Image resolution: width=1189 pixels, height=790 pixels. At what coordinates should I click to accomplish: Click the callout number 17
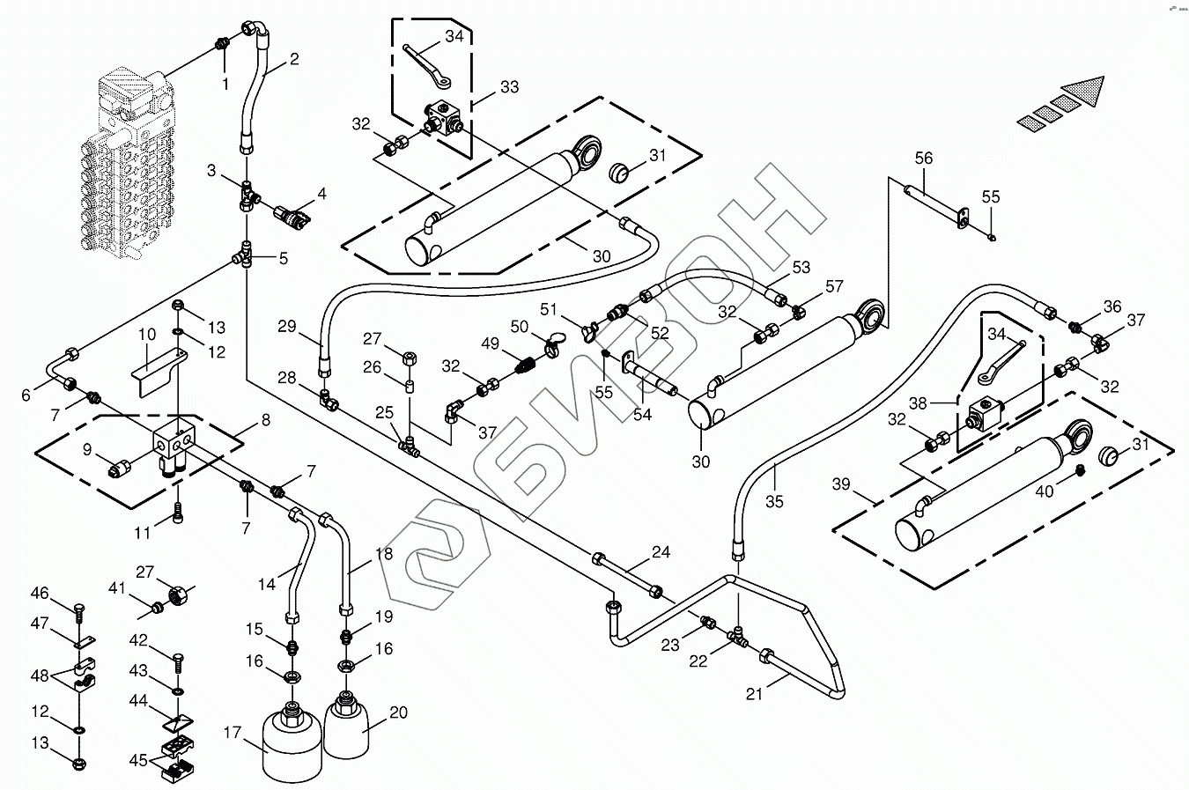(233, 733)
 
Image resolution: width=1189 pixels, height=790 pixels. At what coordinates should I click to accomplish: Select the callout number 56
(923, 159)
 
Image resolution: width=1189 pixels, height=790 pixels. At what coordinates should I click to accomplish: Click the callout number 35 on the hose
(774, 502)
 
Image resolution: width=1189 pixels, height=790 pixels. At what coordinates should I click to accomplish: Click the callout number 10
(147, 335)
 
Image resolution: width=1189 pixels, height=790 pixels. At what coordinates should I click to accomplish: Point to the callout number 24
(661, 552)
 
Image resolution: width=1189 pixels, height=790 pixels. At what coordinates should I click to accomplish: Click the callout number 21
(754, 694)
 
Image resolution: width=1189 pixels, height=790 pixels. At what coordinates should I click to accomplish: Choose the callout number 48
(40, 676)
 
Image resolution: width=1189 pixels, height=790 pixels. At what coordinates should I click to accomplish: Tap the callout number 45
(138, 759)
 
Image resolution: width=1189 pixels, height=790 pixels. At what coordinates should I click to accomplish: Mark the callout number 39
(841, 484)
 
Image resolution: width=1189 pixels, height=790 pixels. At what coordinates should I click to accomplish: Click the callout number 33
(509, 87)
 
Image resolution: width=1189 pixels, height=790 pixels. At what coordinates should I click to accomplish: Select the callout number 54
(642, 414)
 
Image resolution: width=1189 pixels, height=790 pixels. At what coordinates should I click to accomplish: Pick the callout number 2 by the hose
(293, 60)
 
